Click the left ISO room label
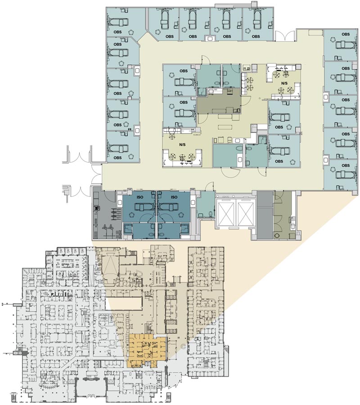click(139, 197)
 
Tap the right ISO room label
click(174, 197)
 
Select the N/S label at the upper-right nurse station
click(284, 83)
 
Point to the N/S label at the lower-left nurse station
click(182, 144)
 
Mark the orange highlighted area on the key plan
click(146, 350)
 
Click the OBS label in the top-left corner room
click(117, 32)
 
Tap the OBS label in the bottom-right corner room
click(346, 165)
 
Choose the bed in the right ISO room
click(168, 207)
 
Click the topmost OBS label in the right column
click(346, 34)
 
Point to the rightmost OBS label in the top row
click(256, 36)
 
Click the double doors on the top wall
click(284, 36)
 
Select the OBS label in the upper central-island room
click(184, 71)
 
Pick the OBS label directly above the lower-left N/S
click(184, 102)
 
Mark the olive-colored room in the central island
click(219, 100)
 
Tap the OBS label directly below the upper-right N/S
click(279, 127)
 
